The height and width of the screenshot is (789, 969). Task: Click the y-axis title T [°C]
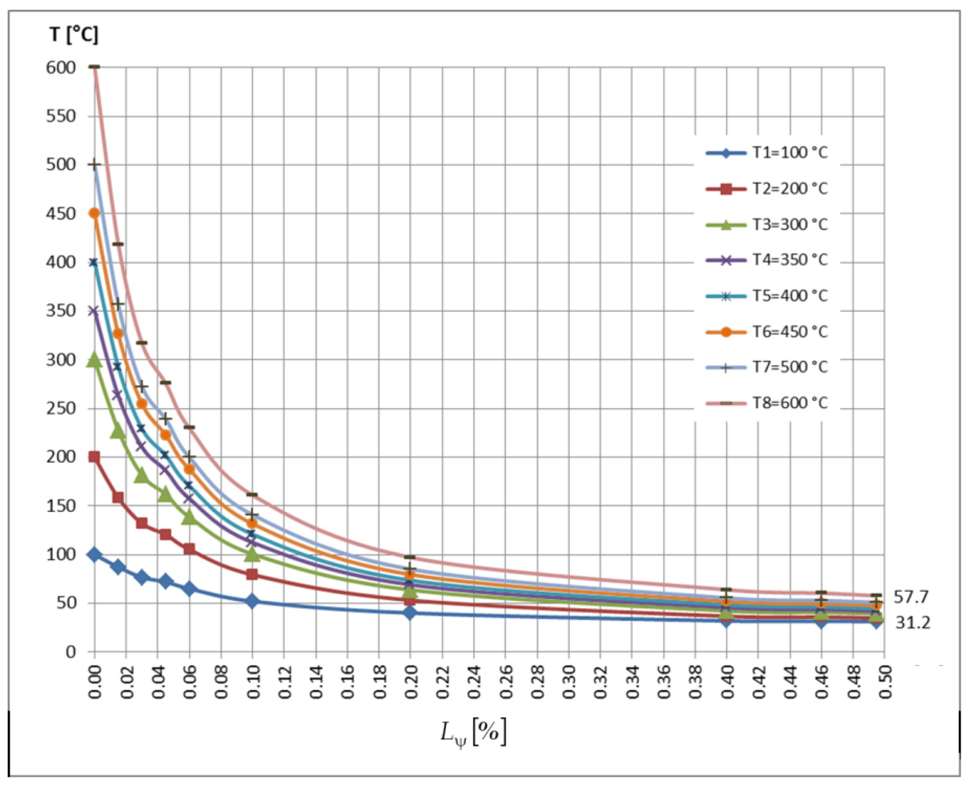coord(74,35)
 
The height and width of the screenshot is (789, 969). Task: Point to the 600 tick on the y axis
coord(60,67)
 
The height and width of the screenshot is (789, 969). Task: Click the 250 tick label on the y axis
coord(60,408)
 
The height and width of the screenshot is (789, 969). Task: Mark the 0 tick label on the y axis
coord(71,652)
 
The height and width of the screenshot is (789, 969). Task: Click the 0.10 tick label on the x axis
coord(253,681)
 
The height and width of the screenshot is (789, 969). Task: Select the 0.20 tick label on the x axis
coord(410,681)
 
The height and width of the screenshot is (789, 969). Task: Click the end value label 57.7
coord(911,597)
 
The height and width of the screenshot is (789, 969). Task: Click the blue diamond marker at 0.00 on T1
coord(95,555)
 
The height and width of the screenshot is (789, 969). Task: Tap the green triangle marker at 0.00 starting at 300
coord(95,360)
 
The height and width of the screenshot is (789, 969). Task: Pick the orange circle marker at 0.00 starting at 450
coord(95,213)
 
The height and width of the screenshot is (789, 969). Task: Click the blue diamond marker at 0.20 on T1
coord(410,613)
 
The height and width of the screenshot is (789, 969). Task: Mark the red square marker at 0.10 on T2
coord(252,575)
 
